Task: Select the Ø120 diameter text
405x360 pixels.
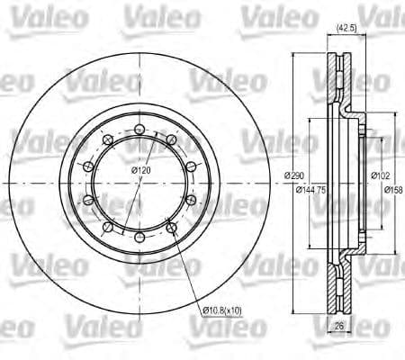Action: tap(139, 171)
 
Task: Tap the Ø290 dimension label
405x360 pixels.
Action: tap(293, 175)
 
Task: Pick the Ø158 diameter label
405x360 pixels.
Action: tap(392, 190)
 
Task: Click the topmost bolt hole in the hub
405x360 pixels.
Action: tap(139, 130)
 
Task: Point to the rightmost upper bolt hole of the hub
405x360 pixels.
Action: tap(190, 166)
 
